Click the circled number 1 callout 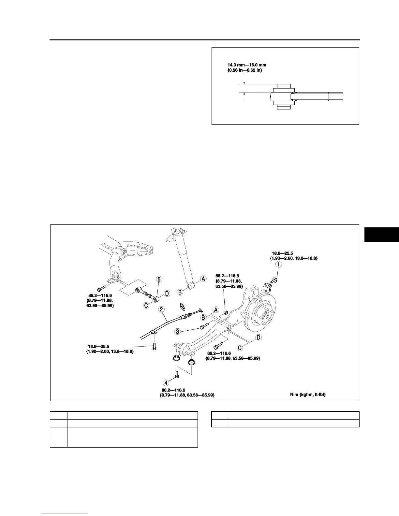(x=278, y=265)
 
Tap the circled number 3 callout (x=178, y=331)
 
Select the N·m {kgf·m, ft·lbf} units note (x=308, y=394)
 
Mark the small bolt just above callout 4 (x=177, y=375)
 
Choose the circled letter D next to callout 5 (x=167, y=294)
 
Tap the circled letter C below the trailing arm (x=240, y=348)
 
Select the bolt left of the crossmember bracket (x=101, y=289)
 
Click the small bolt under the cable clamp (x=155, y=346)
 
